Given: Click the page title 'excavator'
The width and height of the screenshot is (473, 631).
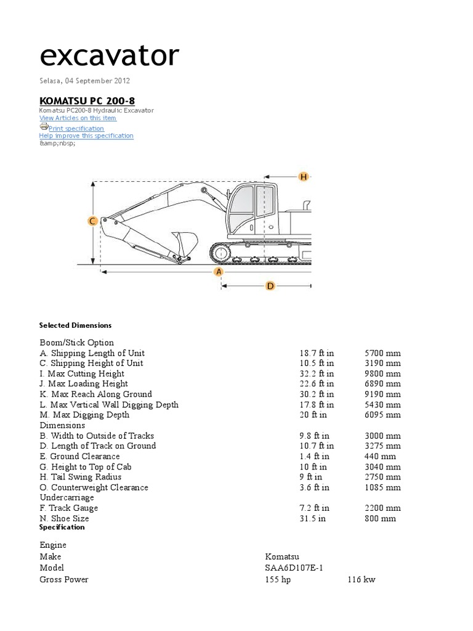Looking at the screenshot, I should (109, 56).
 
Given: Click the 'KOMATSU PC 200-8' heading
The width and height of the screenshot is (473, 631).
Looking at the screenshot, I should (87, 100).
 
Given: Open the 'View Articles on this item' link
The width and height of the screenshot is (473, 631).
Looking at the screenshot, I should (78, 118).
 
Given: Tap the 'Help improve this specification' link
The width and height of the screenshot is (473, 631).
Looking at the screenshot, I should (86, 136).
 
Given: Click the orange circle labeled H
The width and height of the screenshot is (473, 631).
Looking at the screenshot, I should (303, 177).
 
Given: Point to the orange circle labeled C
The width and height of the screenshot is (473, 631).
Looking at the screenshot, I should (92, 221).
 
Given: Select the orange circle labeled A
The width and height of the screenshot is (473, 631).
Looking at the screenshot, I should (218, 272).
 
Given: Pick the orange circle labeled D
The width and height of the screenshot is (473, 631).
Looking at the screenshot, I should (270, 286).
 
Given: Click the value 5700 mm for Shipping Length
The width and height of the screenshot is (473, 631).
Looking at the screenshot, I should (382, 353).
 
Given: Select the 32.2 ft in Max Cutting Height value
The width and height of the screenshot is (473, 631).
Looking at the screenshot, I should (317, 373).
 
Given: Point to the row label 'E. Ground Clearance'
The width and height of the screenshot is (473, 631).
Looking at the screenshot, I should (79, 456).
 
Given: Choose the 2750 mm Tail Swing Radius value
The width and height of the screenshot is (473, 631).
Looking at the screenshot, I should (382, 477).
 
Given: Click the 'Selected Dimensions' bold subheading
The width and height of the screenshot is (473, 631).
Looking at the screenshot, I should (75, 325).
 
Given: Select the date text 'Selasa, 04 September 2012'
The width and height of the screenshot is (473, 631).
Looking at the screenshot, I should (84, 81).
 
